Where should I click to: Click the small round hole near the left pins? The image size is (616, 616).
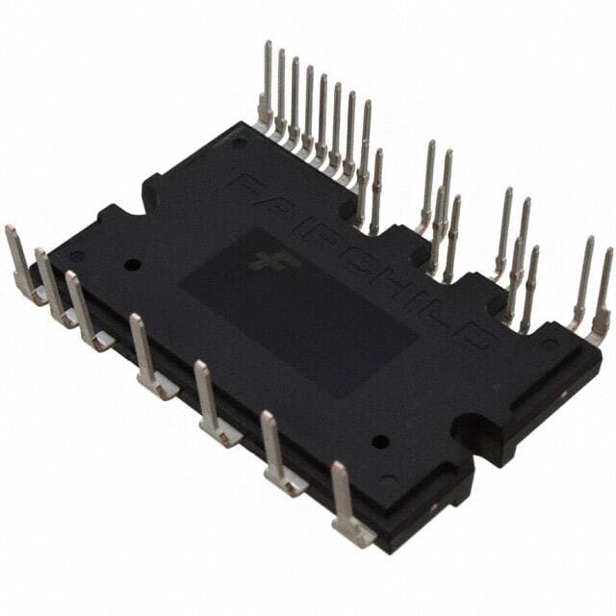[133, 264]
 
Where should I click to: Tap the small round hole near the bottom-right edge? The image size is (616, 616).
[381, 442]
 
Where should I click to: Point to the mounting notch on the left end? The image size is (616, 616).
[154, 189]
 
